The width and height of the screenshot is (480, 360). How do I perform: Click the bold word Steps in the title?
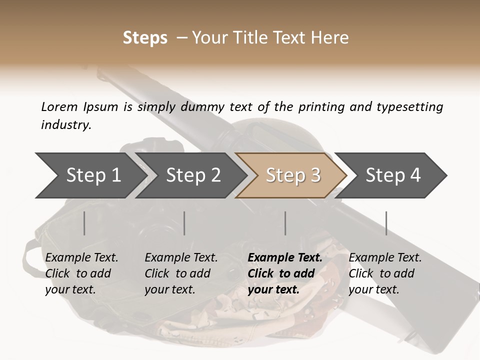click(145, 38)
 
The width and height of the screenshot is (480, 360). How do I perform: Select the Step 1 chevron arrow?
click(90, 175)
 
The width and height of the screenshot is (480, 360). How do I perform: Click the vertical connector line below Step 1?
click(84, 223)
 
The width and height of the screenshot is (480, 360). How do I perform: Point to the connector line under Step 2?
click(184, 223)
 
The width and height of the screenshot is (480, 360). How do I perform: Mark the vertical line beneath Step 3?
click(285, 223)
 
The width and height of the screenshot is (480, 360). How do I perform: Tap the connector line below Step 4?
click(386, 223)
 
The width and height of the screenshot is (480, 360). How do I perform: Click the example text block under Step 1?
click(81, 273)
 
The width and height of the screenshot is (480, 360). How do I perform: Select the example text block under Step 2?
click(181, 273)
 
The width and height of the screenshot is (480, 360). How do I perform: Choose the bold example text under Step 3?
click(285, 273)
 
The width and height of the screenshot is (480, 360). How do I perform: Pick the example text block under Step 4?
click(385, 273)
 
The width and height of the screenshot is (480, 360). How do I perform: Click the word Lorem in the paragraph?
click(59, 107)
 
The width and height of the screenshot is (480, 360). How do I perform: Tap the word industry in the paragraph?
click(66, 125)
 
